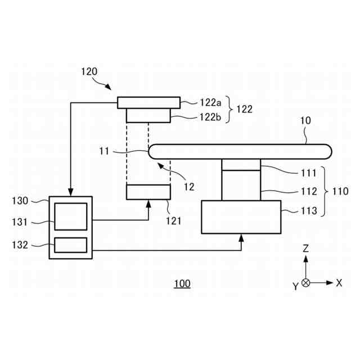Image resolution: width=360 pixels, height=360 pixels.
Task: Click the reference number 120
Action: (89, 71)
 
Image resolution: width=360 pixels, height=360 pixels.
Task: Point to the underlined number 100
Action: (182, 283)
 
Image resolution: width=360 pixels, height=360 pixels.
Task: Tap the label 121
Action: (173, 220)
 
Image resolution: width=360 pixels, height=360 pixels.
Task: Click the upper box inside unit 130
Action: (70, 217)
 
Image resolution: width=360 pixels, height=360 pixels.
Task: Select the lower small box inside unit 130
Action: (70, 245)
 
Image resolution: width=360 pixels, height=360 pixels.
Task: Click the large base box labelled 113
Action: (241, 217)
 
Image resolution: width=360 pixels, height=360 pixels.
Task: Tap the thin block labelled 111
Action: (241, 164)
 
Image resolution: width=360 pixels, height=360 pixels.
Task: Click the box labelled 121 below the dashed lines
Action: (148, 192)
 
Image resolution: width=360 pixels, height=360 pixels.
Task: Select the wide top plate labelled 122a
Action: (148, 102)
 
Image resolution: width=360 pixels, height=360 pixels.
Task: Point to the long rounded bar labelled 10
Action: (239, 151)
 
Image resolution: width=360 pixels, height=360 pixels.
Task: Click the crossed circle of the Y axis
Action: (305, 283)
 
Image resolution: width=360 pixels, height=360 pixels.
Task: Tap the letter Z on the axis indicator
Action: (305, 247)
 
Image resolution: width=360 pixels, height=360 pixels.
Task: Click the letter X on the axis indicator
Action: (339, 283)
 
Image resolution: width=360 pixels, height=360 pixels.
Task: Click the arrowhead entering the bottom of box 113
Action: (241, 237)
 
